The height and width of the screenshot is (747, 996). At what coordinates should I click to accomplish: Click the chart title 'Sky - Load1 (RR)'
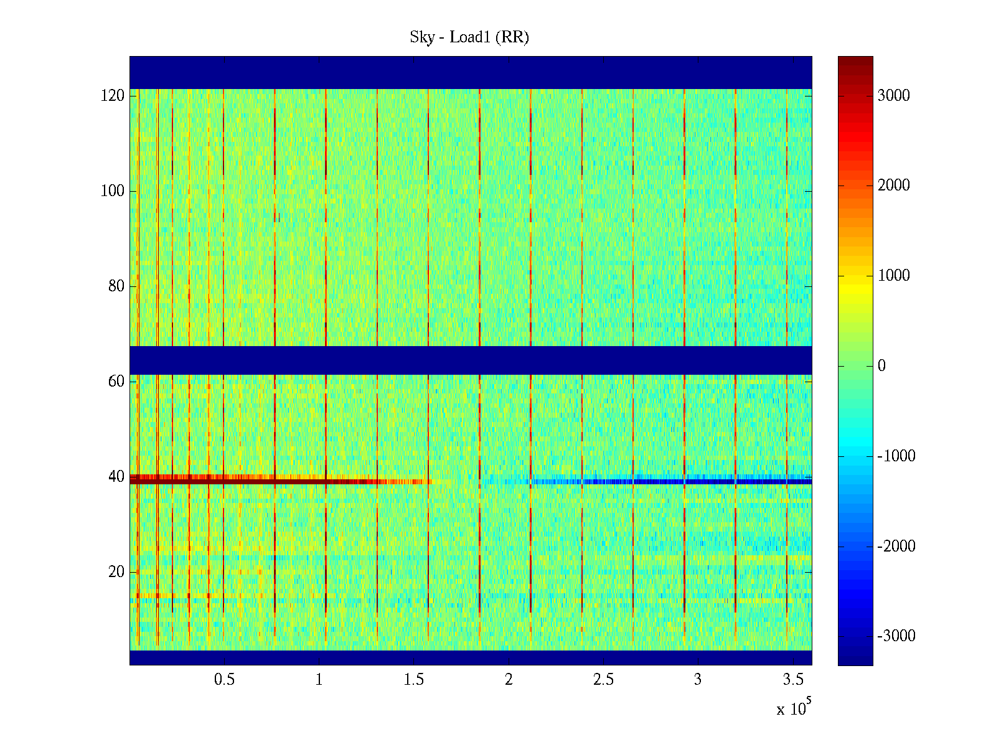[469, 37]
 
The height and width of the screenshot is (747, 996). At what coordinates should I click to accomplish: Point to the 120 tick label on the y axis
[113, 96]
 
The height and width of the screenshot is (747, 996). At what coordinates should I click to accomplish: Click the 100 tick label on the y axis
[113, 191]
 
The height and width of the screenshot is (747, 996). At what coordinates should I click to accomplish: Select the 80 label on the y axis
[116, 286]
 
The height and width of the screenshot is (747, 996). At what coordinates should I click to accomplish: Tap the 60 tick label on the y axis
[116, 382]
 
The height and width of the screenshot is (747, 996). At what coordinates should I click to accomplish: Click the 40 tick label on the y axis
[116, 477]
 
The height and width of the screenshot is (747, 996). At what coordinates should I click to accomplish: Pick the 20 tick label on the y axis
[116, 572]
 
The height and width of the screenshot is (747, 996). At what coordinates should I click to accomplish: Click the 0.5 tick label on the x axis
[224, 680]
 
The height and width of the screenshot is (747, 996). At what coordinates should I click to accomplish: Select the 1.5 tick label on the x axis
[413, 680]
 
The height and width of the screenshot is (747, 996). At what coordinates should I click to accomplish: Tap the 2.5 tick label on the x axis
[603, 680]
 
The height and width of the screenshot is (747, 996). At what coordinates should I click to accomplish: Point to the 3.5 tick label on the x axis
[792, 680]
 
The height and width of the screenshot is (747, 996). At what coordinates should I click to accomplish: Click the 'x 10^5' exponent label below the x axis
[793, 708]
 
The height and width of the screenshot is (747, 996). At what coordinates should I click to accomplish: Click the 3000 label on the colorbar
[894, 96]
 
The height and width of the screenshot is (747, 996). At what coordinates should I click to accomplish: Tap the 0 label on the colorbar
[881, 366]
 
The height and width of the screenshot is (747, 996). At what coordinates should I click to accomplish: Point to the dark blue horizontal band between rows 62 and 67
[471, 360]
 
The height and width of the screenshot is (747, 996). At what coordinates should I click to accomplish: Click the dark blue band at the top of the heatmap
[471, 72]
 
